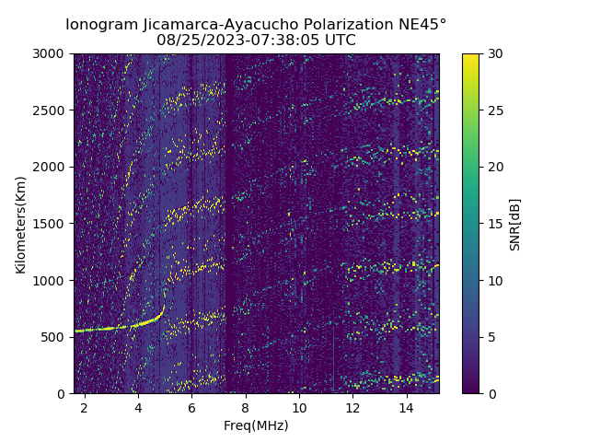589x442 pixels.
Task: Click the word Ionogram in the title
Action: pos(101,24)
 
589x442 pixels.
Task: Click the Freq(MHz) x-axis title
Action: pos(256,425)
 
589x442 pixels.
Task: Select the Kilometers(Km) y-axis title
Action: pos(21,224)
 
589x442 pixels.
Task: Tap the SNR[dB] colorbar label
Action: pos(515,224)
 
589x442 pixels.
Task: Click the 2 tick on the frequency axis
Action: pos(85,407)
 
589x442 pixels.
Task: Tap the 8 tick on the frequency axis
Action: pos(246,407)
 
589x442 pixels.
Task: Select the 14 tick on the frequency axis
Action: pos(407,407)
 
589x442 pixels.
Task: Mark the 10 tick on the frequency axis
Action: pos(299,407)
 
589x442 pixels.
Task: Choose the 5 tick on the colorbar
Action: pos(490,337)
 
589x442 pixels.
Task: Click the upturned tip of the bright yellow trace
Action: pos(164,306)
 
